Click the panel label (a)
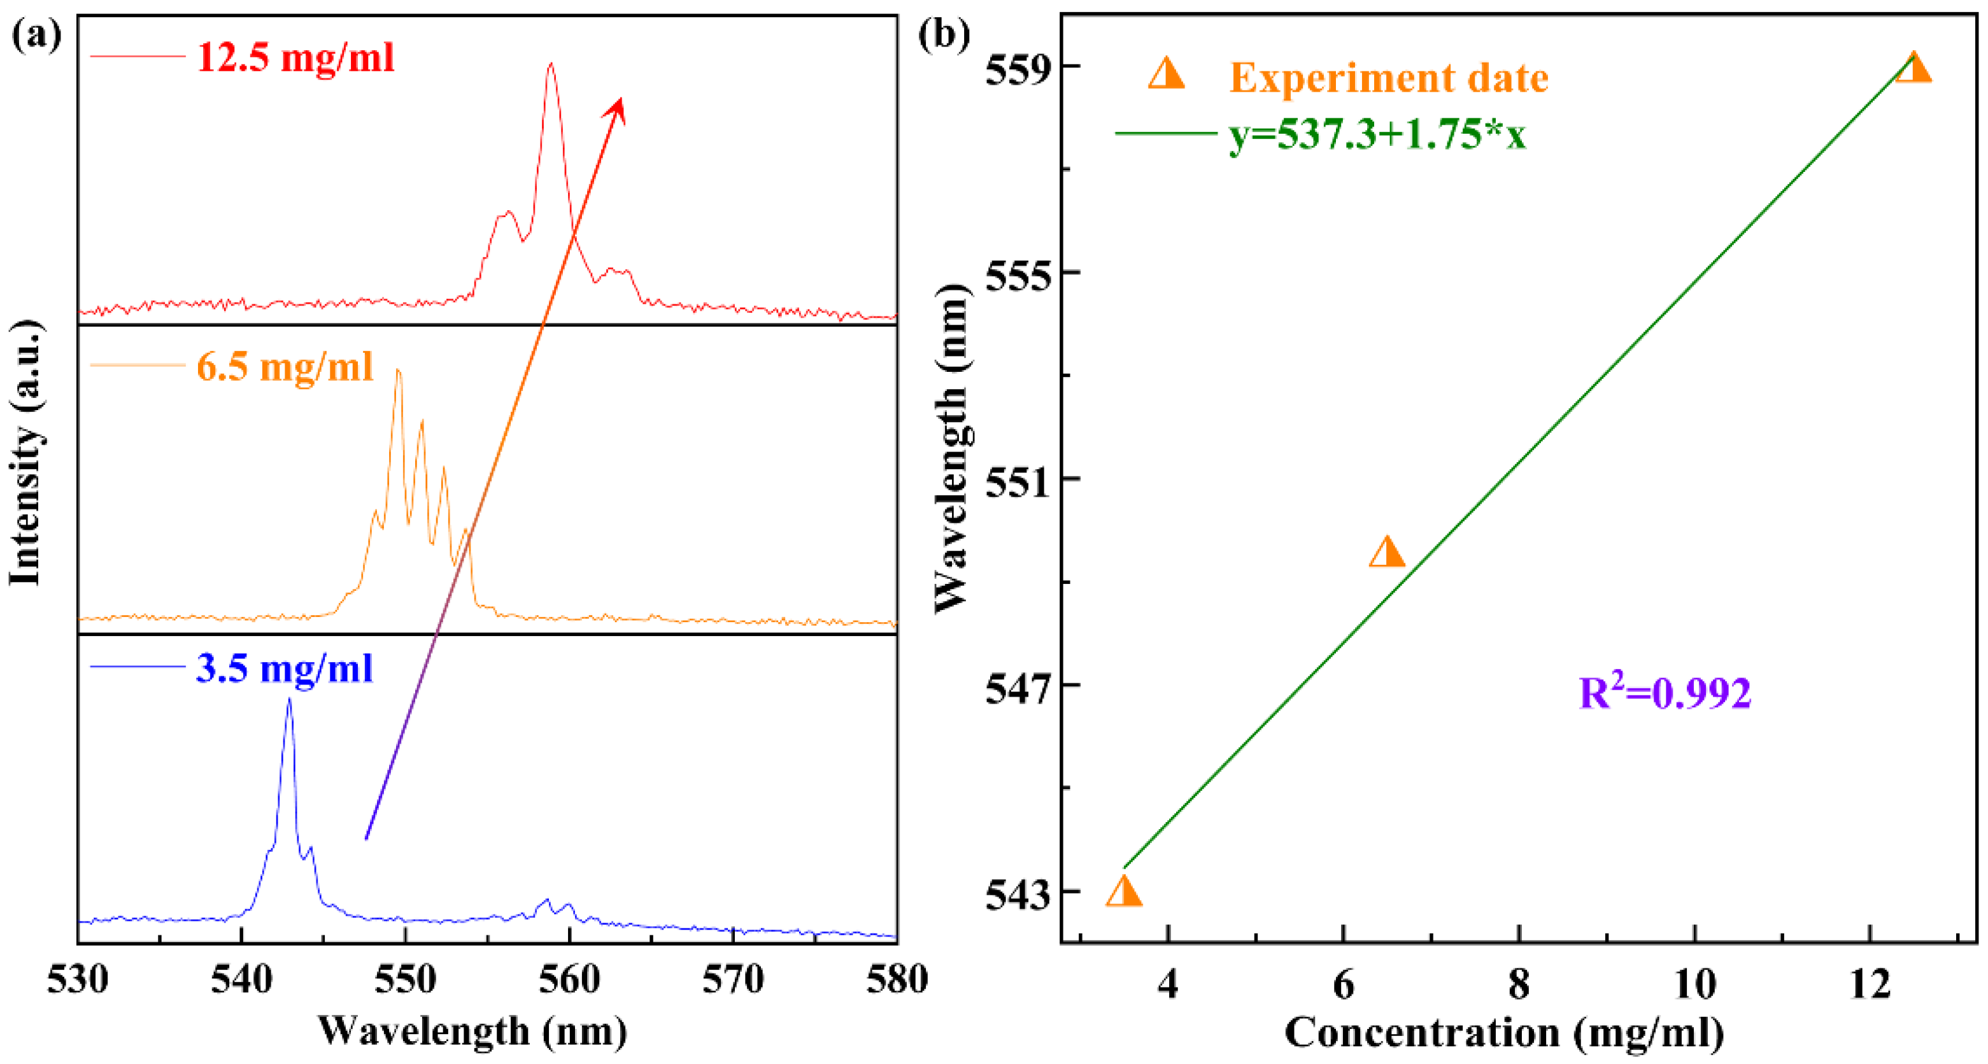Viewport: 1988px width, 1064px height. [x=36, y=36]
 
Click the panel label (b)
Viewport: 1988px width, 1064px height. [x=943, y=36]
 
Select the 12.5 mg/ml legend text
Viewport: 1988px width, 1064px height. [x=295, y=58]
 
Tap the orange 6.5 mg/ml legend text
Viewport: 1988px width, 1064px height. [x=285, y=365]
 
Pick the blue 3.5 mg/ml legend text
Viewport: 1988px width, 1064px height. [x=284, y=667]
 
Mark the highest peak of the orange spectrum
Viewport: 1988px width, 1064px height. [x=398, y=372]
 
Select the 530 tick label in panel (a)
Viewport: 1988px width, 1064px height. [x=77, y=981]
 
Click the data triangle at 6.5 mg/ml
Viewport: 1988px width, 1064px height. [x=1387, y=553]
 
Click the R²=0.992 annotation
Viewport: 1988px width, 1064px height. [x=1665, y=692]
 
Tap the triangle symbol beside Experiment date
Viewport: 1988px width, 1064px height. [x=1166, y=74]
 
